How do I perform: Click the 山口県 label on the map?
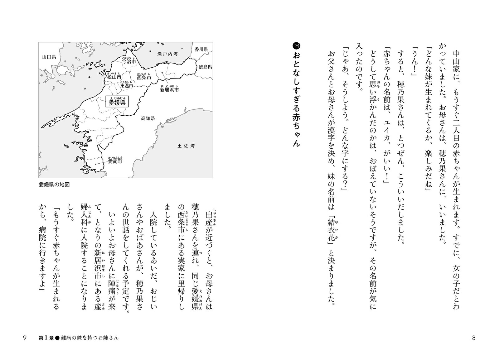(x=49, y=57)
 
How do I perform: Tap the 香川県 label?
(x=201, y=49)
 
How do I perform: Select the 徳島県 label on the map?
(x=206, y=67)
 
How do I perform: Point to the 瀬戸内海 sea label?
(x=167, y=54)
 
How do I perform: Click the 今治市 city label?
(x=128, y=62)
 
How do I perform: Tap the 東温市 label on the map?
(x=127, y=85)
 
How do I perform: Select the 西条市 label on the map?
(x=144, y=77)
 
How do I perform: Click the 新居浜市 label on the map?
(x=169, y=90)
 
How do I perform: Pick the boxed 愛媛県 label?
(x=117, y=103)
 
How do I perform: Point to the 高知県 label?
(x=148, y=118)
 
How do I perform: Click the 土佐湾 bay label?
(x=186, y=146)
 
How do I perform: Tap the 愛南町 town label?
(x=115, y=162)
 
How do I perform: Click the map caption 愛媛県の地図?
(x=54, y=185)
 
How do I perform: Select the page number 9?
(x=25, y=338)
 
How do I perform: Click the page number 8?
(x=474, y=338)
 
